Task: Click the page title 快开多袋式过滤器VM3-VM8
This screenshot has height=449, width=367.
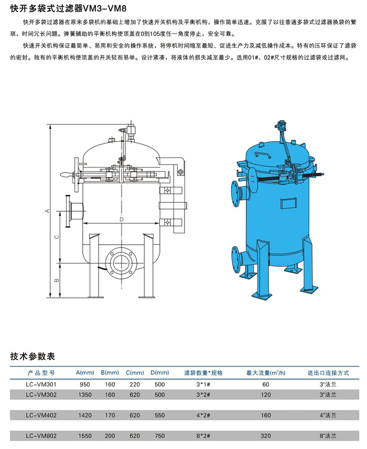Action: [68, 8]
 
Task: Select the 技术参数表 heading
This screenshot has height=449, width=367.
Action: [33, 357]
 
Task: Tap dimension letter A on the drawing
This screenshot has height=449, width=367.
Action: [47, 211]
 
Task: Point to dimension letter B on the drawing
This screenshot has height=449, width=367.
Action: [57, 280]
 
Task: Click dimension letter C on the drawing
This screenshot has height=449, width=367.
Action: [57, 237]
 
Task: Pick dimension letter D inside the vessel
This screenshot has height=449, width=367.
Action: [122, 220]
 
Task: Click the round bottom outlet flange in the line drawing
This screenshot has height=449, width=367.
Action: [122, 262]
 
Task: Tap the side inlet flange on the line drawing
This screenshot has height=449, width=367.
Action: [68, 211]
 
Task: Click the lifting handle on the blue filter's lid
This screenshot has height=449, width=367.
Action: [263, 155]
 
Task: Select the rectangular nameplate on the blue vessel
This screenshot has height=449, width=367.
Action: [289, 203]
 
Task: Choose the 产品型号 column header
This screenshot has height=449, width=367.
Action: [41, 373]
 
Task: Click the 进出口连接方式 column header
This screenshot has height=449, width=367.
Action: [328, 373]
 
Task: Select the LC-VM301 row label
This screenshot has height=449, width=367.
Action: [41, 384]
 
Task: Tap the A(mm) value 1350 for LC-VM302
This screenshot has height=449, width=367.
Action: [85, 394]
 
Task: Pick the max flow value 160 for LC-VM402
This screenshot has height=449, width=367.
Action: [265, 415]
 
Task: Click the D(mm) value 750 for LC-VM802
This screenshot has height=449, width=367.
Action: [160, 436]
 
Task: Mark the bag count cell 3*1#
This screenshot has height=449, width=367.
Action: [203, 384]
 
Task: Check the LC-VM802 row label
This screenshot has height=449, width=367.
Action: [41, 436]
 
